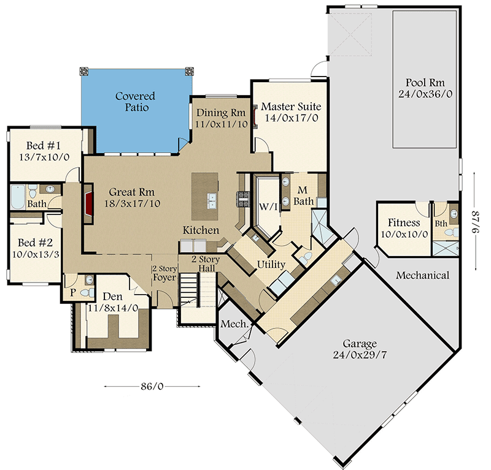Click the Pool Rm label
(425, 83)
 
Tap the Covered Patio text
(135, 102)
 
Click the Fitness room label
(404, 223)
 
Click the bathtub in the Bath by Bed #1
(18, 198)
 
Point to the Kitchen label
(201, 230)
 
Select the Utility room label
(271, 265)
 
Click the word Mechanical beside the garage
(422, 275)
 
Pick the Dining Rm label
(220, 113)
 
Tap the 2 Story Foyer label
(164, 273)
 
